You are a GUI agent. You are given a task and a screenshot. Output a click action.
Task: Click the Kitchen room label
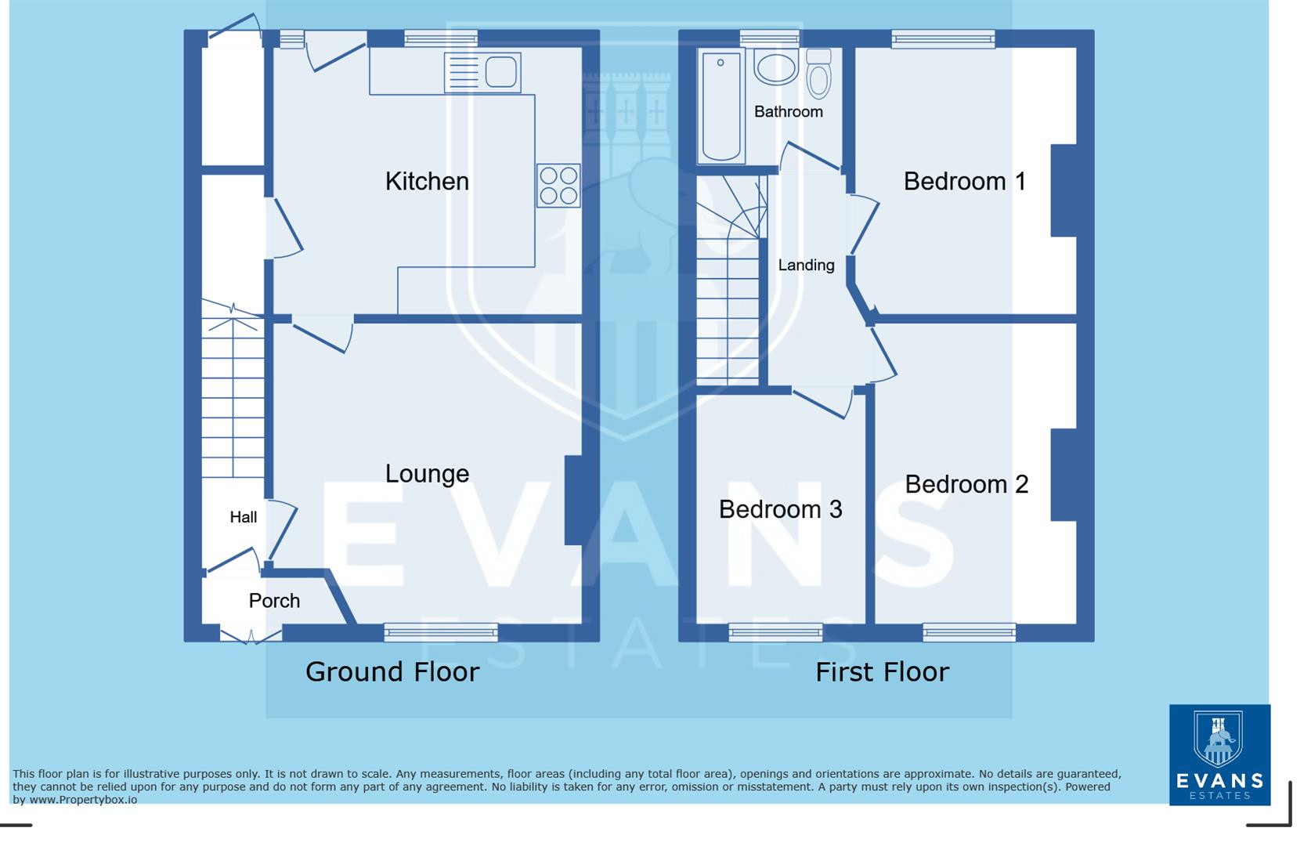pos(427,182)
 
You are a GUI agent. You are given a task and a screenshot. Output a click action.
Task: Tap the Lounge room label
pos(427,474)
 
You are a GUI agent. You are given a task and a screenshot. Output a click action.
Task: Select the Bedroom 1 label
pos(964,182)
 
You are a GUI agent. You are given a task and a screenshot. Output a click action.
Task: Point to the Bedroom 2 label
pos(966,484)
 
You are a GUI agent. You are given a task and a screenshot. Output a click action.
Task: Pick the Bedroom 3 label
pos(780,509)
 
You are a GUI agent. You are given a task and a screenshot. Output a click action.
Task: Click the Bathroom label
pos(788,112)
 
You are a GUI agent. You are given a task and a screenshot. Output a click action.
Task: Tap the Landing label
pos(806,266)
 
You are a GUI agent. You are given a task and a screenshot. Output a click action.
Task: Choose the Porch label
pos(274,601)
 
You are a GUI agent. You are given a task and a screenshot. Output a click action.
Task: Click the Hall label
pos(243,517)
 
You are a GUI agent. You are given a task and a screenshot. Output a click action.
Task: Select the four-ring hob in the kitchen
pos(558,186)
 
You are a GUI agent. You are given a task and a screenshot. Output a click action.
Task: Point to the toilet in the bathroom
pos(818,74)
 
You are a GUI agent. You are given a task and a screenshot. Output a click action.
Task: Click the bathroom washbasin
pos(775,69)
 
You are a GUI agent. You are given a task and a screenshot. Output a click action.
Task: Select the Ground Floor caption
pos(392,672)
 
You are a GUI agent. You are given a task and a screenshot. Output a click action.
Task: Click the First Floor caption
pos(882,672)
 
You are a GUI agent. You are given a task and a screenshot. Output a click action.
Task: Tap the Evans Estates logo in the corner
pos(1219,754)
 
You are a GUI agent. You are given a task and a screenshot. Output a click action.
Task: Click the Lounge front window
pos(441,631)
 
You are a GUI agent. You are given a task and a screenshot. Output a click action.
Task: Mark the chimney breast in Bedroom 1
pos(1064,190)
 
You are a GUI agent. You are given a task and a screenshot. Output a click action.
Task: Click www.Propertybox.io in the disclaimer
pos(83,800)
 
